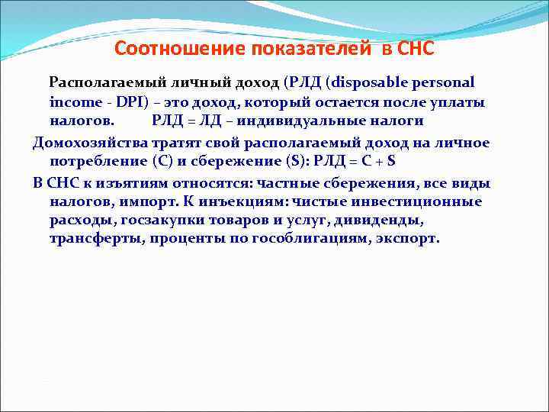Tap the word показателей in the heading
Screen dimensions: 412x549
coord(278,49)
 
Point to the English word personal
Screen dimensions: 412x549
coord(442,82)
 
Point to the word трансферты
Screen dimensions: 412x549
coord(95,239)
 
